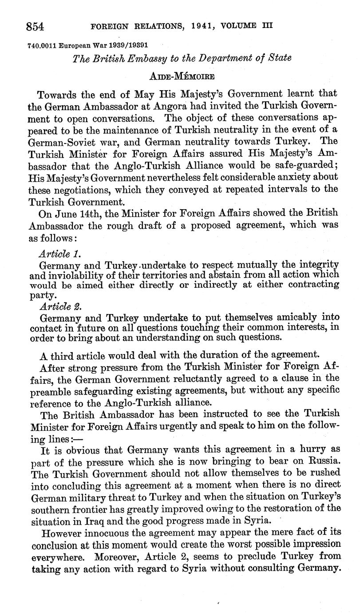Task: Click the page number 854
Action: coord(35,27)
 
